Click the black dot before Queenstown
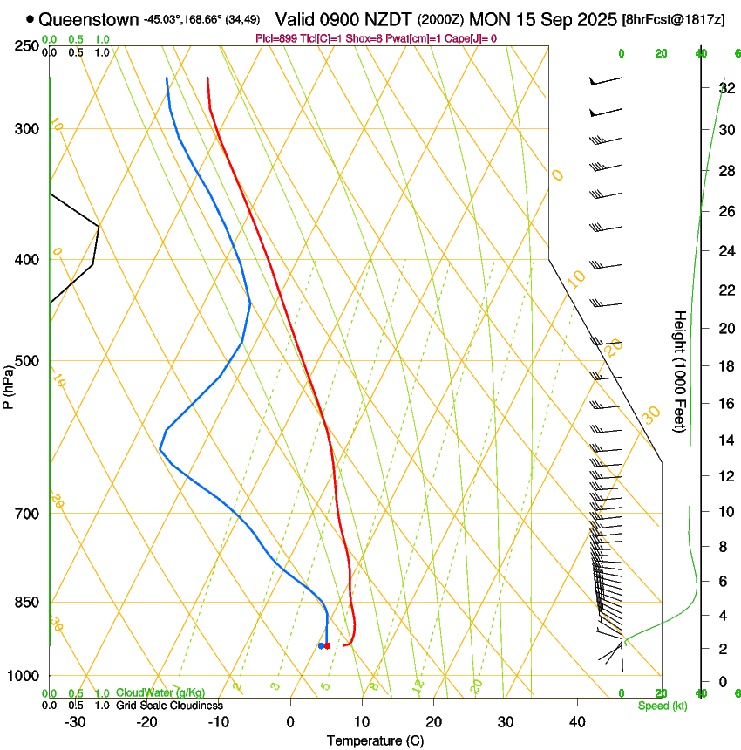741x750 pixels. click(x=31, y=18)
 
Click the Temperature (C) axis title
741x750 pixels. click(x=376, y=741)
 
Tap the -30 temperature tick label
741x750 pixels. click(x=75, y=722)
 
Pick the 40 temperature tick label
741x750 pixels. click(x=577, y=722)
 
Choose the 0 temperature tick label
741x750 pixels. click(x=290, y=722)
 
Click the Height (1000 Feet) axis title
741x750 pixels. click(x=680, y=372)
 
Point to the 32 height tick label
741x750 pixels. click(x=725, y=88)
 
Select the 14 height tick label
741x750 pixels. click(x=725, y=440)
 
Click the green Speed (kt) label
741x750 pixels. click(x=662, y=706)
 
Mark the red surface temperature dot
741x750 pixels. click(x=327, y=645)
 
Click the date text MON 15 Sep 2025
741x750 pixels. click(x=543, y=18)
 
